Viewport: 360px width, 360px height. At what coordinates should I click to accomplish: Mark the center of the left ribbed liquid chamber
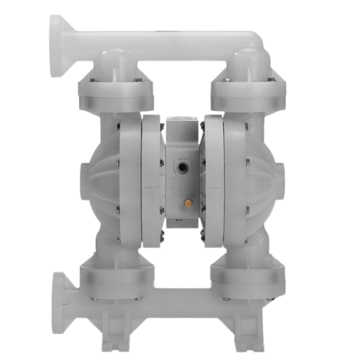click(112, 173)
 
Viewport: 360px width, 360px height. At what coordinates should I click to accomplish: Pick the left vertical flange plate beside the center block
click(150, 173)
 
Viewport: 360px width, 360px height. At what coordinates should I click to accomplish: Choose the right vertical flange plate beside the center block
click(210, 173)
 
